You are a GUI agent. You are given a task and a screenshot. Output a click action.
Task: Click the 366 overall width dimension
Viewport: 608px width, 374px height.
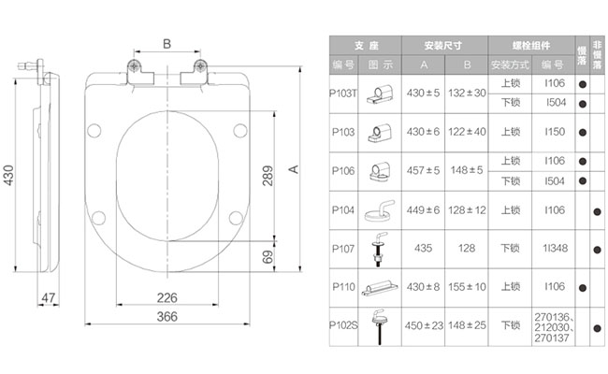[167, 317]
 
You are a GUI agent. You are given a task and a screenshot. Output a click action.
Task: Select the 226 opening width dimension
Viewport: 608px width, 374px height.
[167, 297]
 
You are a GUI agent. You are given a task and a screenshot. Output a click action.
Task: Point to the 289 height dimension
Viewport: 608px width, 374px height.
[268, 176]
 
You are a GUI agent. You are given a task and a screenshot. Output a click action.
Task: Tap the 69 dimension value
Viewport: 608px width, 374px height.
[268, 256]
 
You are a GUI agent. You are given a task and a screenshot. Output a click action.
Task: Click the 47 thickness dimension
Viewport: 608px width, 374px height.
[48, 297]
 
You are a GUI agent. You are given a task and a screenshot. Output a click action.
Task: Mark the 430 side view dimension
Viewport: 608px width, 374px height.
[8, 175]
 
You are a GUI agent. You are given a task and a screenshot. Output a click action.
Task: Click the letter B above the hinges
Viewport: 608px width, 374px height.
[166, 44]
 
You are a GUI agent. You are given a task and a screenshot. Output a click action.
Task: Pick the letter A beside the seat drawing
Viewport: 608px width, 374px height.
[294, 169]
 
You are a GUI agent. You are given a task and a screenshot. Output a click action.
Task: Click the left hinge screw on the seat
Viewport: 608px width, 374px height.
[134, 65]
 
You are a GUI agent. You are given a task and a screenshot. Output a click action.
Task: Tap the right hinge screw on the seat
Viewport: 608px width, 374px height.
[200, 65]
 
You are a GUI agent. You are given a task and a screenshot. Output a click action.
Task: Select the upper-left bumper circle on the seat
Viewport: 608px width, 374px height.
[94, 131]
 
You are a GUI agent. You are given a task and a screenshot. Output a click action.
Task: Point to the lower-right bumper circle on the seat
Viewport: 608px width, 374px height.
[236, 218]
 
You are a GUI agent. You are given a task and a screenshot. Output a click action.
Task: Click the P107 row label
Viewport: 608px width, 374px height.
[343, 249]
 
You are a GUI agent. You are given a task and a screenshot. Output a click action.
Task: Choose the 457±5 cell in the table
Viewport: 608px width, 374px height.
[423, 170]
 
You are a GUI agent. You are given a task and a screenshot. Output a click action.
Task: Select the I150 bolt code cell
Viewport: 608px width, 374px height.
[555, 132]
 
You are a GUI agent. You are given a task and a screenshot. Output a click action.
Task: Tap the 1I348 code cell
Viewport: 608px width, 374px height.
[555, 248]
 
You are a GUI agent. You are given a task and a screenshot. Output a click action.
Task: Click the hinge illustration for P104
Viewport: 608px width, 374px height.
[380, 210]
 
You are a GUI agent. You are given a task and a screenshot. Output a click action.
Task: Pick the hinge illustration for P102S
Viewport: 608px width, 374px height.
[379, 326]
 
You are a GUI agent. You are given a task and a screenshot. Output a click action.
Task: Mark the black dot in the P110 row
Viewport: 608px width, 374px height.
[583, 288]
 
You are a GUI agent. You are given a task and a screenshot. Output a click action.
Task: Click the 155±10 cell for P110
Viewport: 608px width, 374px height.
[467, 287]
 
